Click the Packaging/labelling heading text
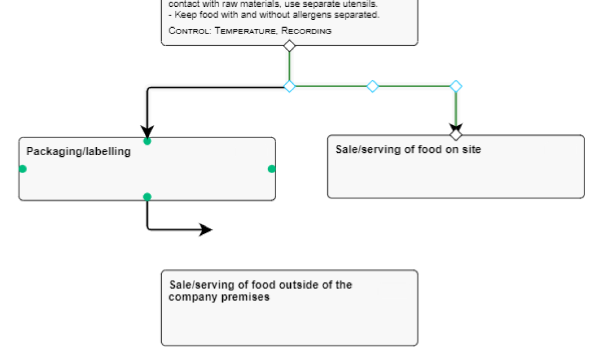[x=78, y=152]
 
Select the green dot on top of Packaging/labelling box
[x=147, y=141]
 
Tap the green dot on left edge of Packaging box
[x=23, y=169]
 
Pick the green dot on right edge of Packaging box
[x=272, y=169]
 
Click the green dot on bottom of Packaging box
[x=147, y=197]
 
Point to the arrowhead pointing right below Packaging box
[x=206, y=229]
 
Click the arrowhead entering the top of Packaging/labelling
[x=147, y=130]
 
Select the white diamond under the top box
[x=289, y=45]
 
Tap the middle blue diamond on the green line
[x=372, y=86]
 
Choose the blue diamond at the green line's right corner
[x=455, y=86]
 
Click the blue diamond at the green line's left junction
[x=289, y=86]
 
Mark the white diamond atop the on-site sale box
[x=455, y=135]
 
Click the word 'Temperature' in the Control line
[x=246, y=31]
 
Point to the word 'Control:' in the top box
[x=190, y=31]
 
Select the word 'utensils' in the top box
[x=358, y=3]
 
